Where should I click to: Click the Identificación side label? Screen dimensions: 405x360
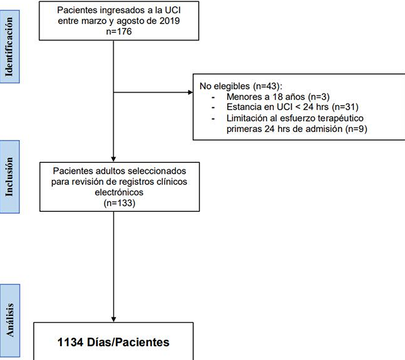coord(9,47)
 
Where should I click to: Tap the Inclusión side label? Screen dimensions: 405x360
coord(9,177)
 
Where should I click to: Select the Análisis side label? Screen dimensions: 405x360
coord(9,320)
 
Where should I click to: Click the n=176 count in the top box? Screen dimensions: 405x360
coord(119,32)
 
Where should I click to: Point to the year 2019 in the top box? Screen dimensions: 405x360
coord(170,21)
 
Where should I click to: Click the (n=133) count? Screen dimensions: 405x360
coord(119,203)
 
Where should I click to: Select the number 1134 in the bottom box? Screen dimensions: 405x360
coord(71,342)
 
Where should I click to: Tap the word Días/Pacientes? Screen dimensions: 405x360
coord(129,342)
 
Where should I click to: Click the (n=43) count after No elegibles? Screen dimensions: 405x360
coord(267,86)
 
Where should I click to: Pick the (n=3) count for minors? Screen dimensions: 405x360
coord(319,97)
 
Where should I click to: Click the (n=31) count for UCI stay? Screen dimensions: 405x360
coord(345,107)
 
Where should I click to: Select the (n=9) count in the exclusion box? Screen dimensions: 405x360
coord(356,128)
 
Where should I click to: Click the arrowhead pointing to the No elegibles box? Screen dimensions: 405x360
coord(191,92)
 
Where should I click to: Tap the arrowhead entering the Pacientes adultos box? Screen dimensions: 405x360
coord(113,159)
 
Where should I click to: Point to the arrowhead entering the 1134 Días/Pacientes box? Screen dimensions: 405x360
coord(113,319)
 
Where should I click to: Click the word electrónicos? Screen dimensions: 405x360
coord(119,192)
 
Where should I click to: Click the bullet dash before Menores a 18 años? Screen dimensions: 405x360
coord(213,97)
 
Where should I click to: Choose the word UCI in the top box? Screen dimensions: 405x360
coord(173,10)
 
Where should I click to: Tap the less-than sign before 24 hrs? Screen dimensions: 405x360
coord(298,107)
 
